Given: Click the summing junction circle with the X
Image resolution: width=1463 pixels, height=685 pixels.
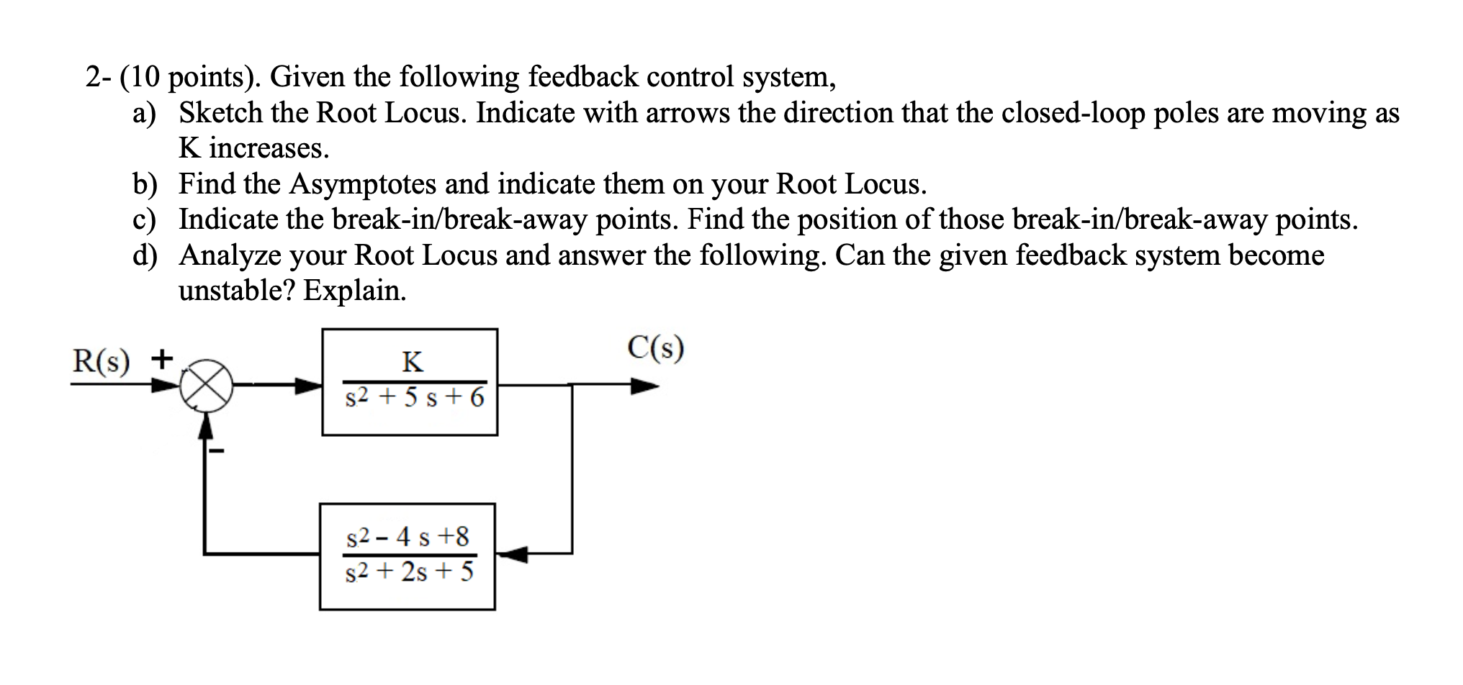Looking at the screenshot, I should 206,386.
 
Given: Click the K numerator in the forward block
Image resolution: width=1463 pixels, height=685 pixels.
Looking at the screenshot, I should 413,361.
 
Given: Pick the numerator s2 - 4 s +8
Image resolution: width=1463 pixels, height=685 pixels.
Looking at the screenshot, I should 408,537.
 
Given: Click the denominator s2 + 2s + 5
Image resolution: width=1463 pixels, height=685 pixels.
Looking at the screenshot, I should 410,572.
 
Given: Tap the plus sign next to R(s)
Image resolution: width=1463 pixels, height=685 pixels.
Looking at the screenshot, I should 162,357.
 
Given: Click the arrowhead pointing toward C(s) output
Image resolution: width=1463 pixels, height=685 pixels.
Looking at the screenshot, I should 645,387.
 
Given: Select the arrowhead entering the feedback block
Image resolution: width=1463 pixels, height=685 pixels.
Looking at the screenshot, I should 513,554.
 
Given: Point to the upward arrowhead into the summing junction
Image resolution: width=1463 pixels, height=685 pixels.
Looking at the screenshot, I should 206,426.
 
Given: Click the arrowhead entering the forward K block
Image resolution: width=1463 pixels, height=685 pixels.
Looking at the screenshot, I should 309,387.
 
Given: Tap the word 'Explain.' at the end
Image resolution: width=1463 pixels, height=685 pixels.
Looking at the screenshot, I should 354,290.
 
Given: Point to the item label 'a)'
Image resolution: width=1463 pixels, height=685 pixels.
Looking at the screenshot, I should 145,113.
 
